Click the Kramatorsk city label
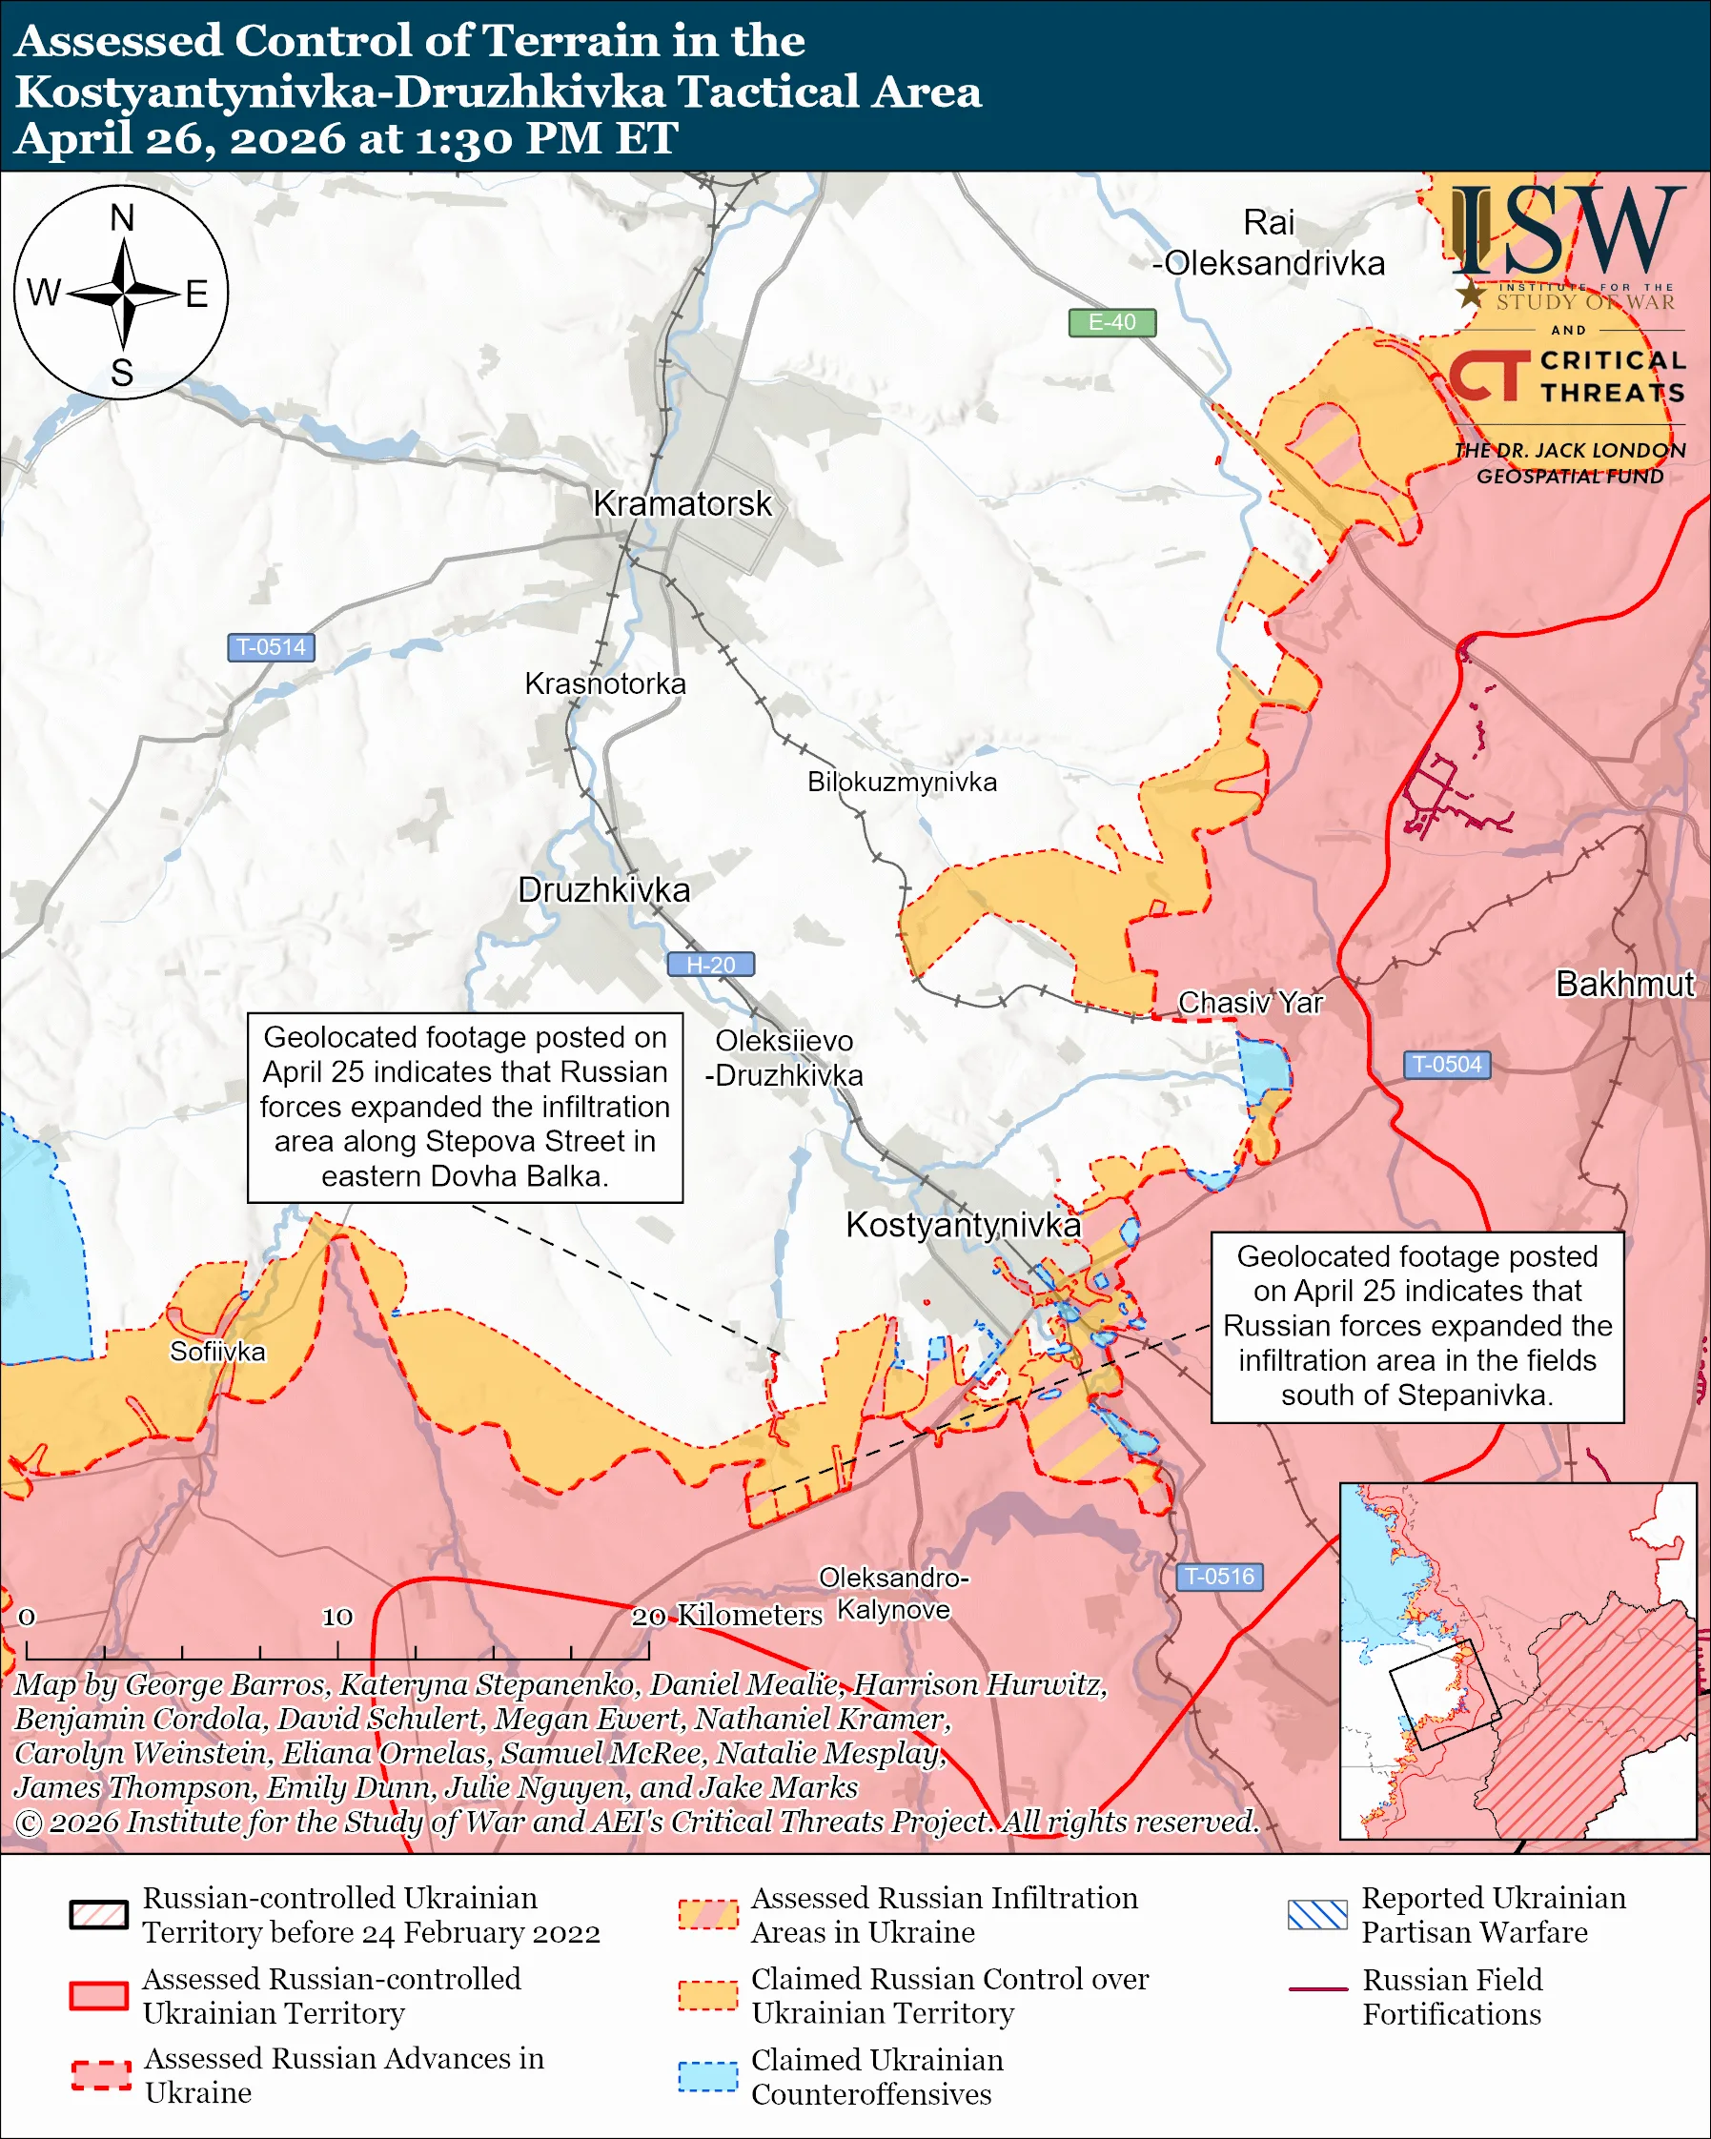pos(682,504)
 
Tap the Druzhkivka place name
pos(603,890)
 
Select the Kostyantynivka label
pos(962,1225)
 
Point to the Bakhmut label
pos(1623,984)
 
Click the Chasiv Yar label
pos(1250,1003)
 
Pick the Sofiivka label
pos(217,1352)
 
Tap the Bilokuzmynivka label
pos(902,782)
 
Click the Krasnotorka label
pos(605,683)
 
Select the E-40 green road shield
pos(1110,322)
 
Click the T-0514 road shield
pos(271,647)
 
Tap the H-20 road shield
pos(710,965)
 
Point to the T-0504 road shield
pos(1446,1065)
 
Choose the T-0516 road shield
pos(1219,1577)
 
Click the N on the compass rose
pos(122,218)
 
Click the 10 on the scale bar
pos(337,1618)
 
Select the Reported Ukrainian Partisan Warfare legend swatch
pos(1317,1915)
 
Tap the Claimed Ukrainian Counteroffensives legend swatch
pos(707,2076)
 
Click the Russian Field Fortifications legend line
pos(1317,1989)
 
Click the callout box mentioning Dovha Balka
pos(464,1108)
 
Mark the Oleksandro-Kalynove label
pos(893,1594)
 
